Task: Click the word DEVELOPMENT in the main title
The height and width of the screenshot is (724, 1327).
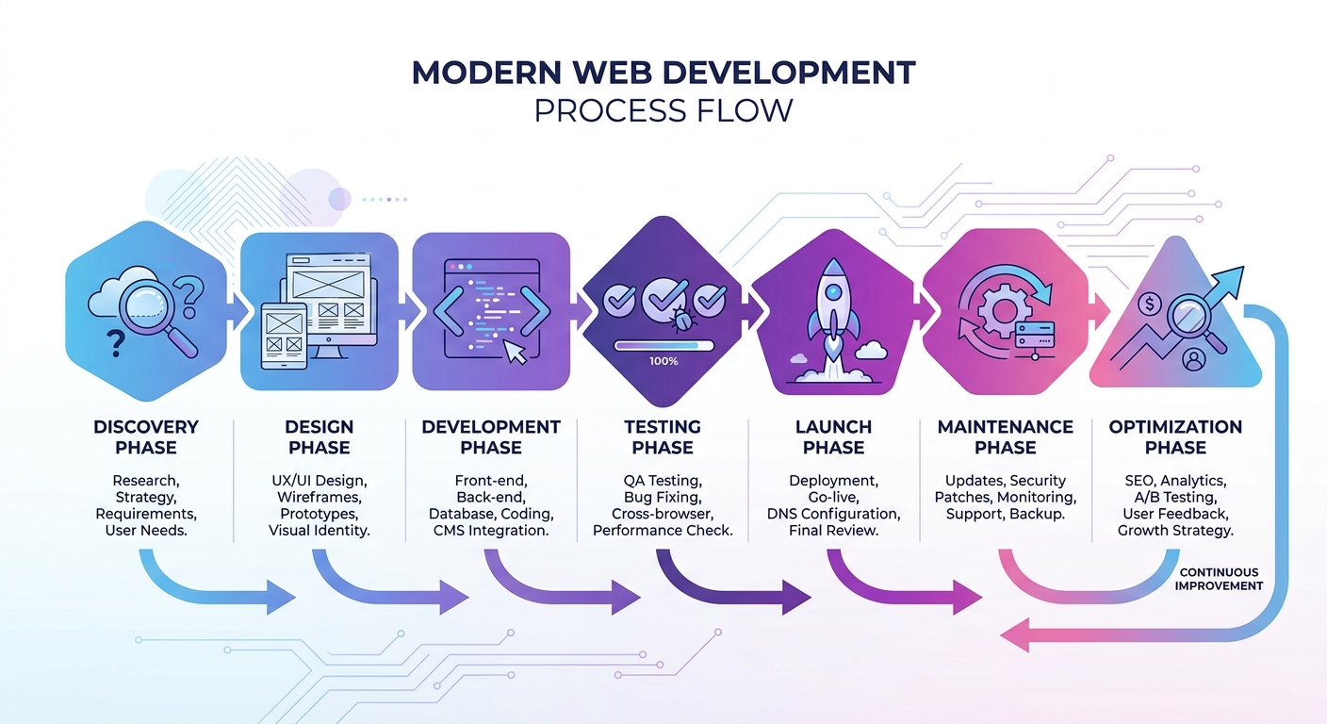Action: tap(789, 73)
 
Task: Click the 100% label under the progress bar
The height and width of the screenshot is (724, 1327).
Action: tap(663, 361)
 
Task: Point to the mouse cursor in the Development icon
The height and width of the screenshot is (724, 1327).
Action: tap(516, 352)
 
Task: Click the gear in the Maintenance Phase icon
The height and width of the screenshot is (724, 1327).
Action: tap(1002, 310)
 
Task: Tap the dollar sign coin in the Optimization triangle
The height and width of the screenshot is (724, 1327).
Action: tap(1150, 304)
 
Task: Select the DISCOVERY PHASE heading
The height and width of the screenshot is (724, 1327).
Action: tap(146, 437)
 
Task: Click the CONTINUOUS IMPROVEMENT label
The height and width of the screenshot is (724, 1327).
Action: tap(1219, 579)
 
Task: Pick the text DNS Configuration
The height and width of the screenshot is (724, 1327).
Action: tap(833, 514)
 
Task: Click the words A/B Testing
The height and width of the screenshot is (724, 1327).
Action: tap(1175, 497)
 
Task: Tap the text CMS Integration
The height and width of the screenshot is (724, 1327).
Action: tap(491, 530)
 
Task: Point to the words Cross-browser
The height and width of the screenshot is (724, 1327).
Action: tap(663, 514)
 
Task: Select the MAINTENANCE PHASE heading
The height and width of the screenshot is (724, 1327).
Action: tap(1006, 437)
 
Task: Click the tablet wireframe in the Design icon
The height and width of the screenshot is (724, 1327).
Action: tap(284, 336)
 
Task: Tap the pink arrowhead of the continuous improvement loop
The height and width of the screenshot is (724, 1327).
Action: tap(1015, 635)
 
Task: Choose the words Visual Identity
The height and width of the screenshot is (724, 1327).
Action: tap(319, 530)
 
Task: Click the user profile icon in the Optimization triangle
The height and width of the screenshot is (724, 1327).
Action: tap(1193, 359)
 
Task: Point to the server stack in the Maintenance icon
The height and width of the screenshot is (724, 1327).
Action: tap(1035, 337)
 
